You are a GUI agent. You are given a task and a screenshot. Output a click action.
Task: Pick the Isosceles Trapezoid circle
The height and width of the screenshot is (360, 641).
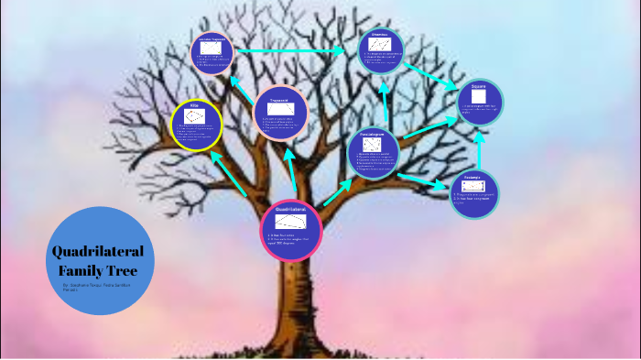coord(212,51)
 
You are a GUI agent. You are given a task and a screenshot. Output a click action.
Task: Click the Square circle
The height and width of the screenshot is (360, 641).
coord(480,103)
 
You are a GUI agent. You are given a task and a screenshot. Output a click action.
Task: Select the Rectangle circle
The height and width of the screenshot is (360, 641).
coord(475,191)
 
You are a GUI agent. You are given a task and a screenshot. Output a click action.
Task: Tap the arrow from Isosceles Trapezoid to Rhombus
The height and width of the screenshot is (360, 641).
coord(289,51)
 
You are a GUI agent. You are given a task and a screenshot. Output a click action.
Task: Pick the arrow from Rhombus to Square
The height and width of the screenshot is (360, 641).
coord(431,76)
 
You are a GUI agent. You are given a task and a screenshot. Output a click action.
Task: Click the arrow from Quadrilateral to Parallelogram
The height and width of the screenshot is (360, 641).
coord(338,191)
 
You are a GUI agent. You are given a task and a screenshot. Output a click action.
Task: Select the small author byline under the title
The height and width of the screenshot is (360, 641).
coord(96,287)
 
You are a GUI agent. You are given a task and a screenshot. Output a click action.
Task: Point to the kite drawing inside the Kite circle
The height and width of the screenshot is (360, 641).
coord(196,116)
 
